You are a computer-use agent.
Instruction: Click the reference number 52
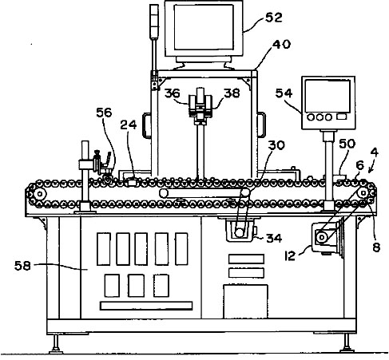tap(274, 18)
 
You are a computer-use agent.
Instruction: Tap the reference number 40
tap(281, 44)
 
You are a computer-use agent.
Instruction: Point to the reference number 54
tap(284, 93)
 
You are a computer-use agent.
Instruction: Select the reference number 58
tap(22, 266)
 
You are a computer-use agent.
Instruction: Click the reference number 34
tap(274, 238)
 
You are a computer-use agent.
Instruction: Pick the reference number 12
tap(290, 255)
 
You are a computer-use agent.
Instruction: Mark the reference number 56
tap(104, 113)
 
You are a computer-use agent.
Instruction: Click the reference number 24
tap(129, 125)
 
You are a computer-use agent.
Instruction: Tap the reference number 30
tap(276, 145)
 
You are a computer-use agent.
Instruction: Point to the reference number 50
tap(347, 144)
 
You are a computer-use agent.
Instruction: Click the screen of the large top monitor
tap(204, 27)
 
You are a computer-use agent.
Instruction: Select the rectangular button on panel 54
tap(342, 117)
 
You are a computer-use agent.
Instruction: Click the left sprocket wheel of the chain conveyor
tap(40, 194)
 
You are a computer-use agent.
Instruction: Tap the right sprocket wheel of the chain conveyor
tap(363, 192)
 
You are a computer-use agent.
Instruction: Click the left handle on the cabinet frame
tap(146, 125)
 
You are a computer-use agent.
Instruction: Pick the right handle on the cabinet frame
tap(262, 125)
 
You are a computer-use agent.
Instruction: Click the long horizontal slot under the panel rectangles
tap(146, 306)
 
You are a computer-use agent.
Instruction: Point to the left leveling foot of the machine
tap(56, 345)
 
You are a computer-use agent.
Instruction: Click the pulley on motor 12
tap(322, 237)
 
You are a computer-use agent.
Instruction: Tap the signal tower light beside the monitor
tap(154, 22)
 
